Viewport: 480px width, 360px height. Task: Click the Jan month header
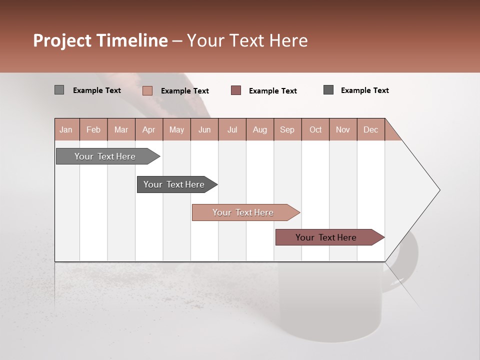(66, 129)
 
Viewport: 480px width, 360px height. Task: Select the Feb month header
(93, 129)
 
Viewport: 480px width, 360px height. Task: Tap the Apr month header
(149, 129)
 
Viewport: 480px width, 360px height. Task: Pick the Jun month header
(204, 129)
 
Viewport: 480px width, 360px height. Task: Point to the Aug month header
(260, 129)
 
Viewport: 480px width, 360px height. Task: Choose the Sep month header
(287, 129)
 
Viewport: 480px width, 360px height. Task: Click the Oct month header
(315, 129)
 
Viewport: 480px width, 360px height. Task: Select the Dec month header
(371, 129)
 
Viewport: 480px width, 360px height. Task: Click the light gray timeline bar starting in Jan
(105, 156)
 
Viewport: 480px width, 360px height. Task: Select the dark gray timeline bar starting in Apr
(174, 184)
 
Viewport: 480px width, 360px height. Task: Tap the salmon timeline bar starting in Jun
(243, 212)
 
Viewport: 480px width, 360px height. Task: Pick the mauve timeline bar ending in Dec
(326, 237)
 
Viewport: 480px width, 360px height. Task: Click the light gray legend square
(59, 90)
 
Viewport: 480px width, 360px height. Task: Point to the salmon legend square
(147, 90)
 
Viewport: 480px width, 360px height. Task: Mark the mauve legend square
(236, 90)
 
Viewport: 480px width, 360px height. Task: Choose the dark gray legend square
(328, 89)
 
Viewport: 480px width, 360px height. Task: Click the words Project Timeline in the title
(100, 40)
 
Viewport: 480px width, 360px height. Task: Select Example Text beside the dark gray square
(365, 90)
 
